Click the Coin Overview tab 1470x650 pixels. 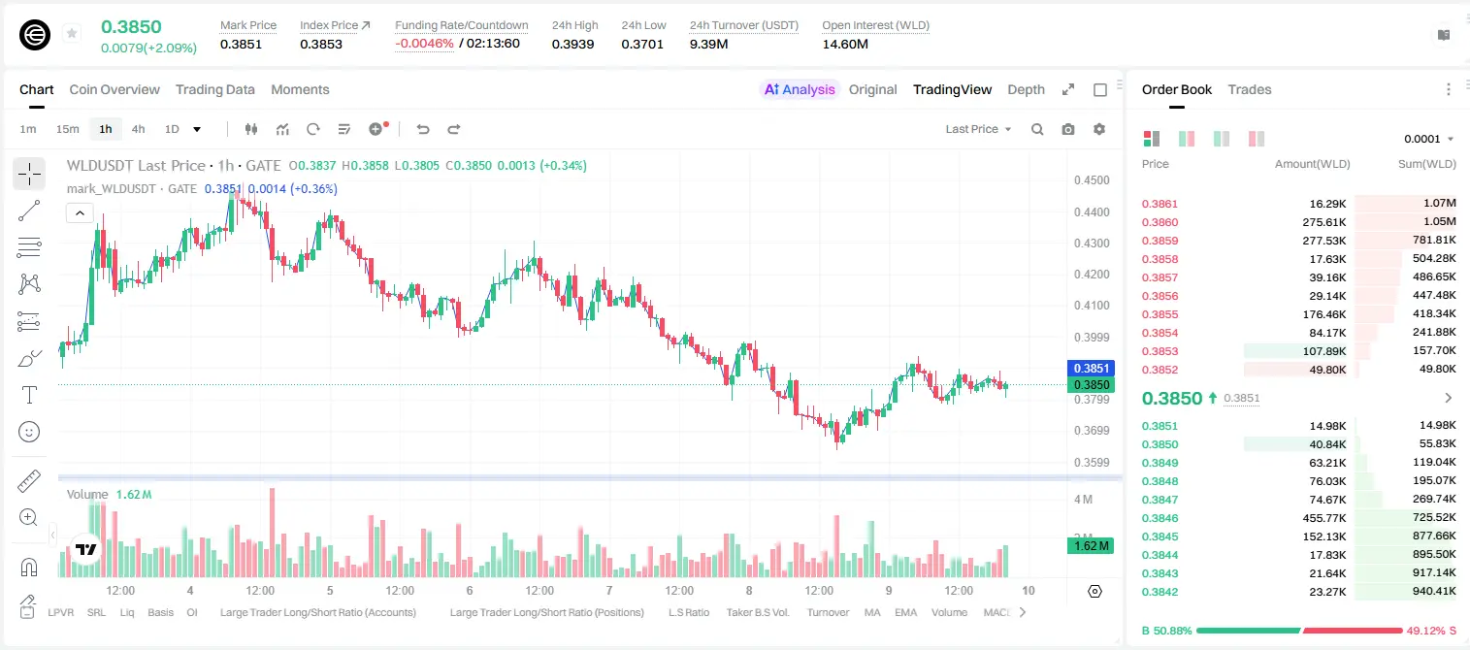click(x=114, y=89)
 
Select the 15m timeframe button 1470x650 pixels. click(x=67, y=129)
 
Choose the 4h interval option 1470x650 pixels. click(x=138, y=129)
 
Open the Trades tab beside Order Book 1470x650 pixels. click(x=1250, y=89)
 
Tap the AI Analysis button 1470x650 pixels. click(x=800, y=89)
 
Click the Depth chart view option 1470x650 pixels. click(x=1026, y=89)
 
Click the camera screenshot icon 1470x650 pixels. click(x=1068, y=129)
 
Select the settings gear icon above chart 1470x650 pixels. click(x=1099, y=129)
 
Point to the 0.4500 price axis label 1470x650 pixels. click(x=1092, y=180)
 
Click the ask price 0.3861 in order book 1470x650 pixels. click(x=1160, y=204)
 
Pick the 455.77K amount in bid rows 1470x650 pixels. click(x=1324, y=518)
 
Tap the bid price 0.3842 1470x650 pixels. click(x=1160, y=592)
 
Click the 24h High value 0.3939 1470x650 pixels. click(x=572, y=44)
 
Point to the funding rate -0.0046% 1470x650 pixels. click(x=424, y=44)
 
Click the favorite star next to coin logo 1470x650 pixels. click(x=72, y=33)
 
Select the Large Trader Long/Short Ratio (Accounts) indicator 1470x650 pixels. click(x=317, y=612)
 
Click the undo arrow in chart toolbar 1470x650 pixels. click(x=423, y=129)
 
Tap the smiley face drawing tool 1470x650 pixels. click(x=29, y=432)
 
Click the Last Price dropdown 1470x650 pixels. click(x=978, y=129)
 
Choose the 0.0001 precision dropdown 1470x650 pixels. click(x=1427, y=139)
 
